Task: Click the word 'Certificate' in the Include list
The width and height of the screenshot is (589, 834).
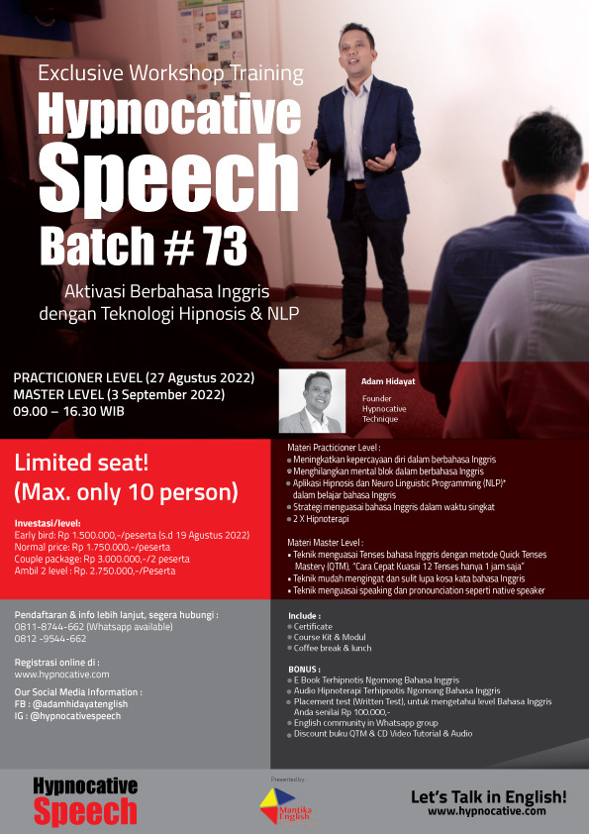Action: click(x=315, y=626)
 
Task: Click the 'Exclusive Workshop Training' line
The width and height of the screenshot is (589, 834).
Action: click(x=171, y=73)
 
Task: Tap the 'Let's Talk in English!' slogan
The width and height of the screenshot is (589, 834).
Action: click(x=489, y=795)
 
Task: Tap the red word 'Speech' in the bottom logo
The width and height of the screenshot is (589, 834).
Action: click(x=85, y=812)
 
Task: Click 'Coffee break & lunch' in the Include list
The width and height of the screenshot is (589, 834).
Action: click(x=333, y=648)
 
